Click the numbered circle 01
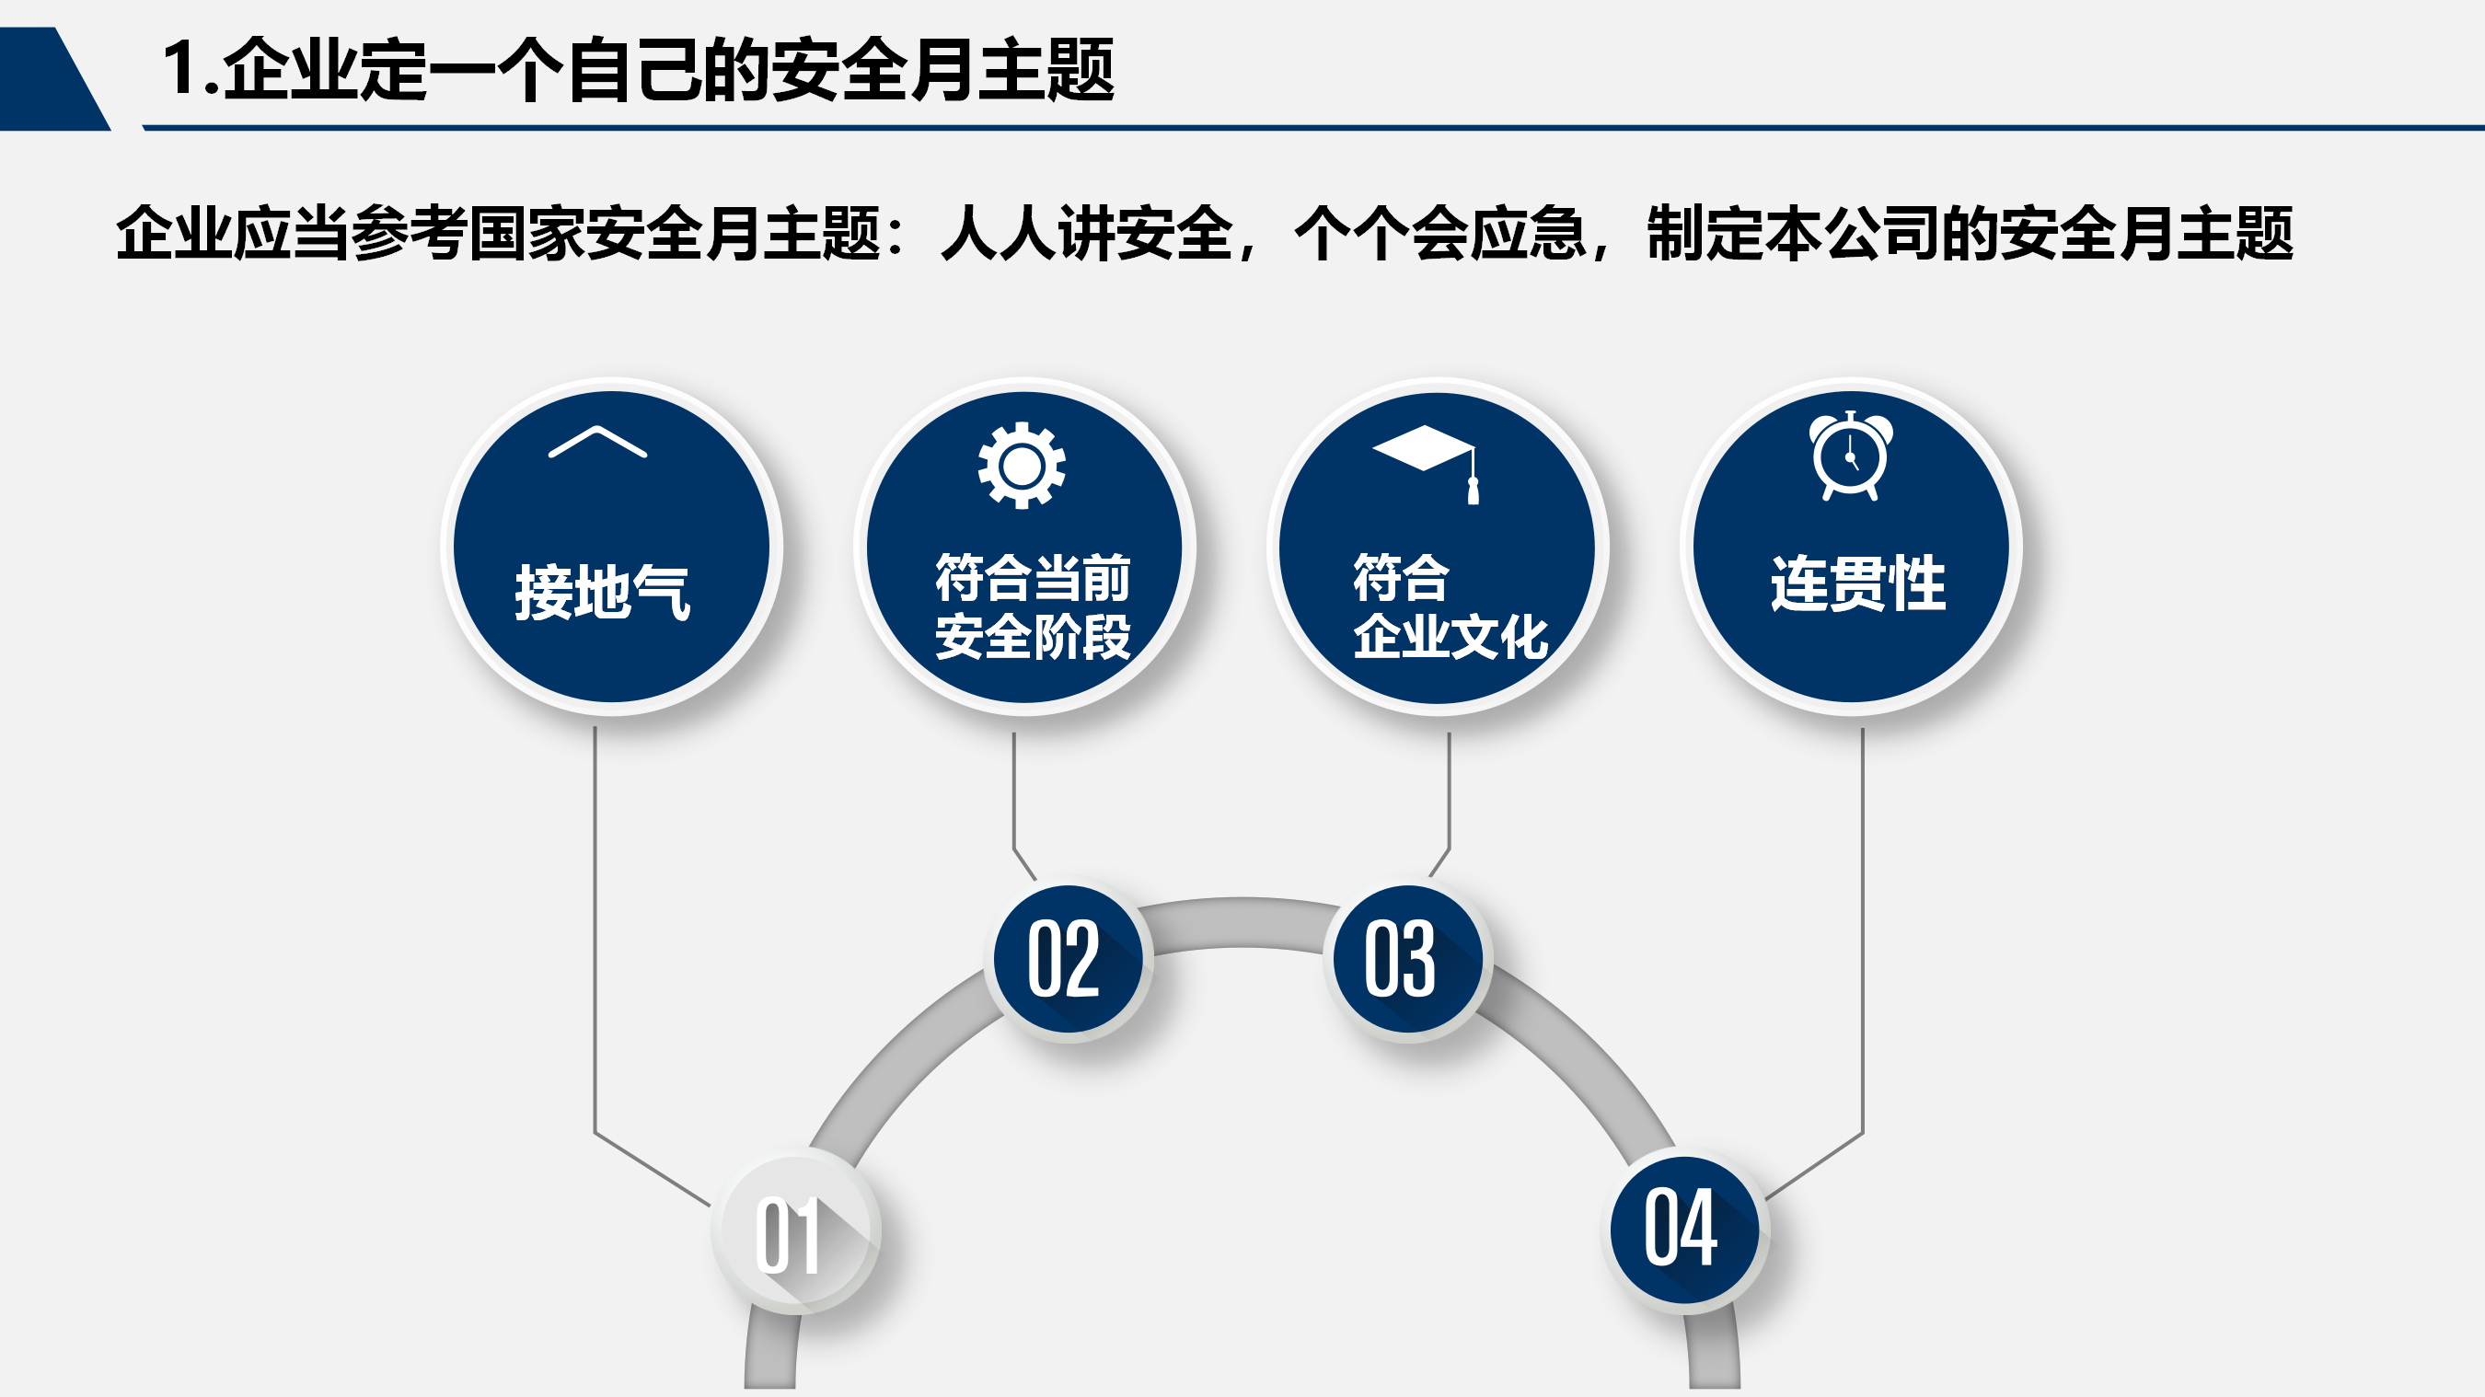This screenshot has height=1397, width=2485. [796, 1231]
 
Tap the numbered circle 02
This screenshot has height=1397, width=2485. [1068, 959]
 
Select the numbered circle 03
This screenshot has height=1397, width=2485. [1407, 959]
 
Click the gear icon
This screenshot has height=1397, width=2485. [1022, 466]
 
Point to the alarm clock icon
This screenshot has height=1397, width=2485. [1850, 456]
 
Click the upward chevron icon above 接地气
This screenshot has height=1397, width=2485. [597, 441]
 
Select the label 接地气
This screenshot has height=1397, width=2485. [603, 592]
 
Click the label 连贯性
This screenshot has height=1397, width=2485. [1858, 583]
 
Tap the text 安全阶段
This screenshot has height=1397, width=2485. [1033, 637]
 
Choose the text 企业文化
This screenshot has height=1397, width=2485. [1451, 637]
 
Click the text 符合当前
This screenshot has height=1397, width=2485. [1033, 578]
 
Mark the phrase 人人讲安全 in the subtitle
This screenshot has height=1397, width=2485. [1086, 234]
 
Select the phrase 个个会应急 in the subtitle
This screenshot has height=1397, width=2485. [1440, 234]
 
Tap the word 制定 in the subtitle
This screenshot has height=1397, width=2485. [1705, 234]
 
